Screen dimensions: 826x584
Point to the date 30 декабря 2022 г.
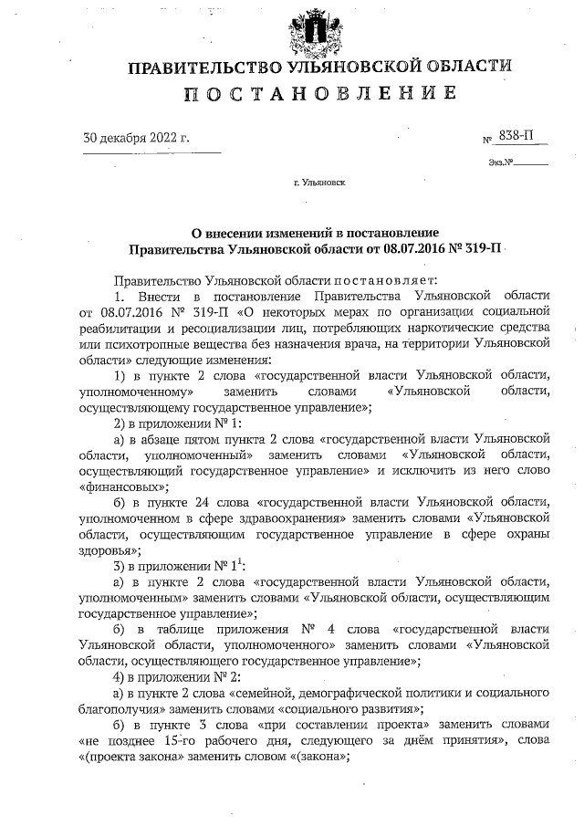[136, 139]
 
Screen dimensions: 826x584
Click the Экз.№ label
[503, 163]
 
